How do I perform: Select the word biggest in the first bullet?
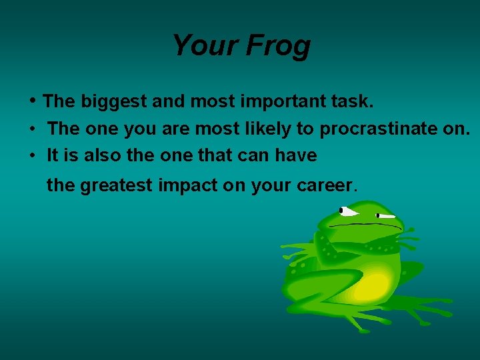coord(114,102)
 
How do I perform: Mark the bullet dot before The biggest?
coord(33,101)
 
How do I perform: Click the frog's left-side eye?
coord(347,211)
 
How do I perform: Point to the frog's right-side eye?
coord(385,216)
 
